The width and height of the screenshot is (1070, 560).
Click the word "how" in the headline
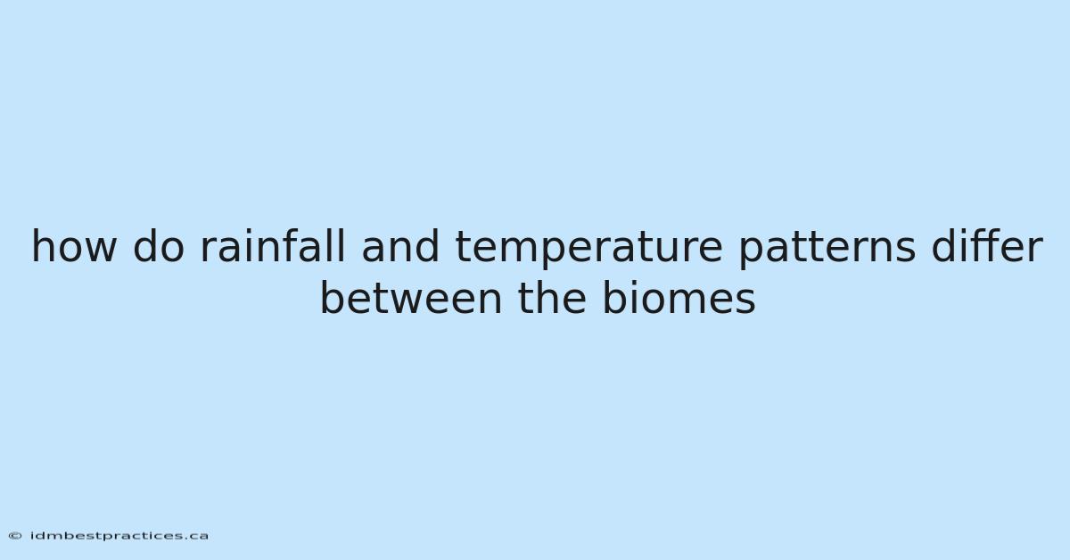[x=74, y=245]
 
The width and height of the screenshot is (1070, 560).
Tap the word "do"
[x=159, y=245]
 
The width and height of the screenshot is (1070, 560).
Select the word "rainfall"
[x=272, y=245]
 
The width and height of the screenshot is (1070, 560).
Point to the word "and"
[x=400, y=245]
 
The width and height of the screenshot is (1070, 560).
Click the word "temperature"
[x=589, y=248]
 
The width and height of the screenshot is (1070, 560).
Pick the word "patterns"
[x=827, y=249]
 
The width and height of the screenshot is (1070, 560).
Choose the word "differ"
[x=987, y=245]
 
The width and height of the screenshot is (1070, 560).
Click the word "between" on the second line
[x=411, y=298]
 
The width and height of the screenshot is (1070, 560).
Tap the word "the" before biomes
[x=552, y=298]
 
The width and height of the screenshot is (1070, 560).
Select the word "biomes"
[x=679, y=298]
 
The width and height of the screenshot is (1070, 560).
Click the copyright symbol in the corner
[x=15, y=536]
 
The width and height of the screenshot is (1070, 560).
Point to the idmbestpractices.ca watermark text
[x=119, y=536]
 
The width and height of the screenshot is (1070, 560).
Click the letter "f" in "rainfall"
[x=300, y=245]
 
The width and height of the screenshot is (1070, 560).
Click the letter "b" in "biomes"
[x=616, y=298]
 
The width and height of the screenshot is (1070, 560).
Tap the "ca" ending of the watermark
[x=198, y=537]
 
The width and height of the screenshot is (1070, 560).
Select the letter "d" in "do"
[x=145, y=245]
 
